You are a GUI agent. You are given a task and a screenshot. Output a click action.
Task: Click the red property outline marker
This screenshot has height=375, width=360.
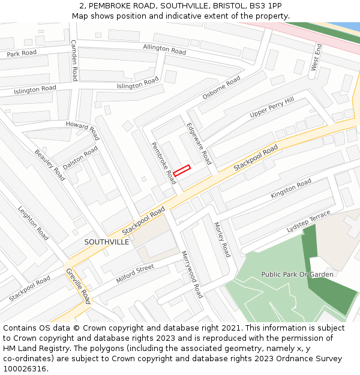point(182,170)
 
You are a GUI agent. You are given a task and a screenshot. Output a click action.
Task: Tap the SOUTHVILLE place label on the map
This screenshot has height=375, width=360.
point(106,242)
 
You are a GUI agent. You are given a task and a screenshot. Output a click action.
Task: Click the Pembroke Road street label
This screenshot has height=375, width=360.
point(163,162)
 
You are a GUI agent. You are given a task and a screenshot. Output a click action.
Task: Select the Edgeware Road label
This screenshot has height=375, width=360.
point(199,144)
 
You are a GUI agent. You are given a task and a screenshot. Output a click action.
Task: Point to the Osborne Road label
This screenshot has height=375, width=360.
point(221,88)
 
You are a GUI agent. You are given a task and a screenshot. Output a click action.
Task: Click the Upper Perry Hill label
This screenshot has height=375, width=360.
point(272,107)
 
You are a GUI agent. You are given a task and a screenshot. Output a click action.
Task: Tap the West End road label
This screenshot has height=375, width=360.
point(316,58)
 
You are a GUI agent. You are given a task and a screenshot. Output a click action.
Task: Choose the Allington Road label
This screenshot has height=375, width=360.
point(164,49)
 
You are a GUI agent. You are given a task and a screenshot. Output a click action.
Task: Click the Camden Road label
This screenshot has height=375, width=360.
point(74,61)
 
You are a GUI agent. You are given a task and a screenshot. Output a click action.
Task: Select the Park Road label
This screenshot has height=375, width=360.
point(22,53)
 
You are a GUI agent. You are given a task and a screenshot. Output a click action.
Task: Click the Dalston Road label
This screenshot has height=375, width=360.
point(80,158)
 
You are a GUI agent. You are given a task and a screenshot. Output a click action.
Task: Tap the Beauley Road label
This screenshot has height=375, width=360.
point(50,165)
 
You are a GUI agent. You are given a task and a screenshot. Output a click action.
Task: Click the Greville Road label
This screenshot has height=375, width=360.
point(78,286)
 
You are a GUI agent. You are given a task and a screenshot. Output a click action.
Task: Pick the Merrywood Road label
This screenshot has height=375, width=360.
point(192,275)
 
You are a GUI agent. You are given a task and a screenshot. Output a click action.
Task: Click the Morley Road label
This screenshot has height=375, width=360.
point(222,239)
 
